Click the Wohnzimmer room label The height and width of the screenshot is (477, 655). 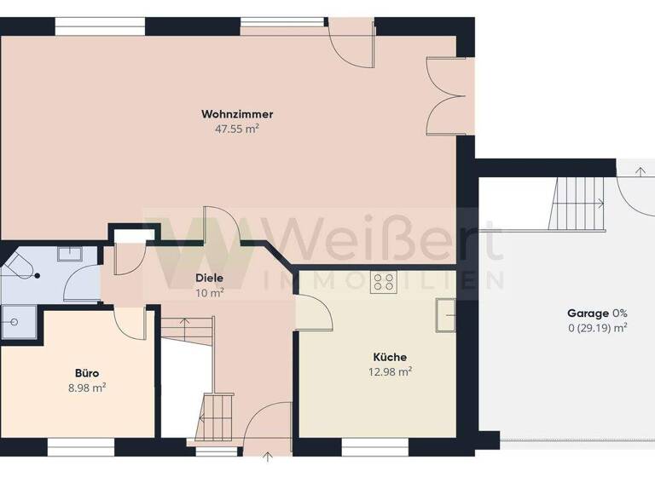pos(237,114)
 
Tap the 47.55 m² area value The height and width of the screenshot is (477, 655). pos(237,129)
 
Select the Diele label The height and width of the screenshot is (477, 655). pos(209,278)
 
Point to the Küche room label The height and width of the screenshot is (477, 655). pos(390,357)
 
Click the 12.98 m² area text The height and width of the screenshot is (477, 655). pos(391,371)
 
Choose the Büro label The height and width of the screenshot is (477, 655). pos(87,373)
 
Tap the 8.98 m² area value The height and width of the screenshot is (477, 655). pos(87,388)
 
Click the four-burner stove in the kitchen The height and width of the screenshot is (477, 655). pos(383,282)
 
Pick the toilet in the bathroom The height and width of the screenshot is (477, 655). pos(17,266)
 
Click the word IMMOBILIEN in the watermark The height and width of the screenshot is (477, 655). pos(384,280)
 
